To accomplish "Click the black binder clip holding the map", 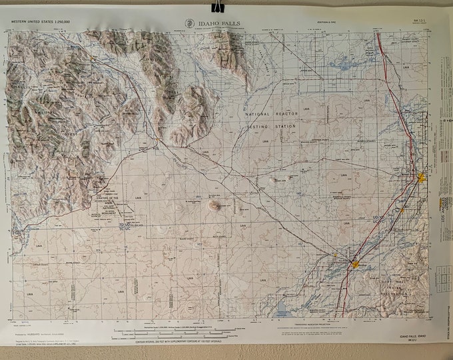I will [217, 7].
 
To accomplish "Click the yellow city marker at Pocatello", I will [354, 264].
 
